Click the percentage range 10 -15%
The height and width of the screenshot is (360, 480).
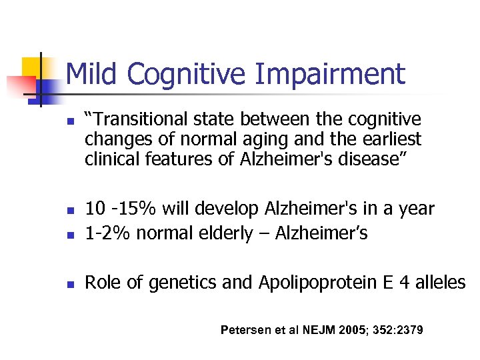point(116,209)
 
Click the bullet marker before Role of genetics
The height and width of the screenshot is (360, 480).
point(69,284)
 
